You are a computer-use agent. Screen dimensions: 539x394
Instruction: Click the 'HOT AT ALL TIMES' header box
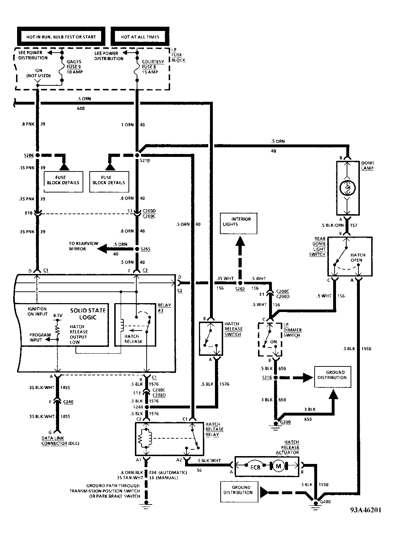coord(140,37)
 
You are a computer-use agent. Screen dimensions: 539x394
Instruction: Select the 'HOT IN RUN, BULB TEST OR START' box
coord(61,37)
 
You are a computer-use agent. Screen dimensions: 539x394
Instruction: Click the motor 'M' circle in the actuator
coord(279,466)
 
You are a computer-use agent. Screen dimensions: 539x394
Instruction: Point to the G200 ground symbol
coord(275,424)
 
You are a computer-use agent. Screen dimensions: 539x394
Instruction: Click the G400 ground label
coord(325,502)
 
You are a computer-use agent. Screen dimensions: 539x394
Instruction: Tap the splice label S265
coord(145,249)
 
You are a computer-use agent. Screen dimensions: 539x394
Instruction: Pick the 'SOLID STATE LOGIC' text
coord(88,314)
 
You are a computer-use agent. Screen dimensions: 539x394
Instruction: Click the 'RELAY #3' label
coord(164,308)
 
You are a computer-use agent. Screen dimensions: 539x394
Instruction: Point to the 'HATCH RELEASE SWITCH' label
coord(232,329)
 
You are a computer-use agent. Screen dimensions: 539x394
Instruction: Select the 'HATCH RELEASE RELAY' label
coord(214,429)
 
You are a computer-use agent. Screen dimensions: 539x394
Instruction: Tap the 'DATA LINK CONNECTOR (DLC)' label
coord(60,441)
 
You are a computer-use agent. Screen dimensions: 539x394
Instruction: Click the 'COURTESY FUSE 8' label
coord(153,67)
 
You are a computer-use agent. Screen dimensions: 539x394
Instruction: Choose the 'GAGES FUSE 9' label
coord(74,67)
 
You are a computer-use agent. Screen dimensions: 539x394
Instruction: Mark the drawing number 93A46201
coord(365,510)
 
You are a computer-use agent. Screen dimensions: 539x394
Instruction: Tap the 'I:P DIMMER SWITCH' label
coord(292,330)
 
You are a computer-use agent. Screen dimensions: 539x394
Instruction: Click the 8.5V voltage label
coord(58,316)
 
